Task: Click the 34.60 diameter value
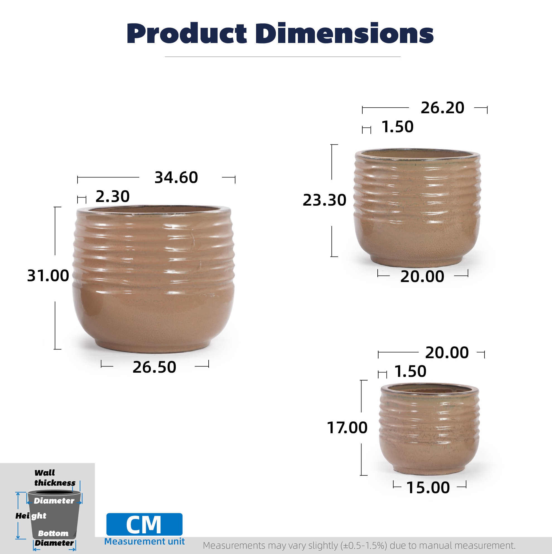[x=176, y=177]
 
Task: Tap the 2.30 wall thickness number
[x=112, y=196]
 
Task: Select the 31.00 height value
[x=48, y=276]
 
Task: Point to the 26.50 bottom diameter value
[x=154, y=367]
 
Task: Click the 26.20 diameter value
[x=442, y=108]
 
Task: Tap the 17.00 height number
[x=347, y=428]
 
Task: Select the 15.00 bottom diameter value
[x=428, y=488]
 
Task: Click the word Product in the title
[x=187, y=33]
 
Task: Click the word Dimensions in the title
[x=345, y=33]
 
